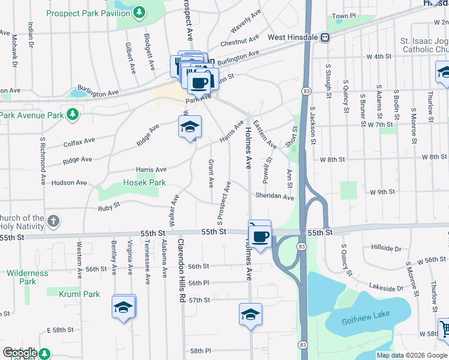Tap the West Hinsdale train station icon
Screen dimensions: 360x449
pos(325,37)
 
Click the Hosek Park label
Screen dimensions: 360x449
pos(144,182)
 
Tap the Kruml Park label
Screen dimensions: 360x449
pos(79,294)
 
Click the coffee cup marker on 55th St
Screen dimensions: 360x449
pos(260,236)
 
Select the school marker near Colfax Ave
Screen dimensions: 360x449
pos(190,127)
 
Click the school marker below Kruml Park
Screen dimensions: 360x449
pos(123,307)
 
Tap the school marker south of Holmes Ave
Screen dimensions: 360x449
pos(250,314)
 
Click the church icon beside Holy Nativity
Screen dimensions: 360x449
pos(53,221)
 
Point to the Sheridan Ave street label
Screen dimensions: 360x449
pos(274,197)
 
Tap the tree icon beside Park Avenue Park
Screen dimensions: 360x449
pos(72,113)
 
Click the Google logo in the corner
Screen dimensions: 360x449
pos(19,353)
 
